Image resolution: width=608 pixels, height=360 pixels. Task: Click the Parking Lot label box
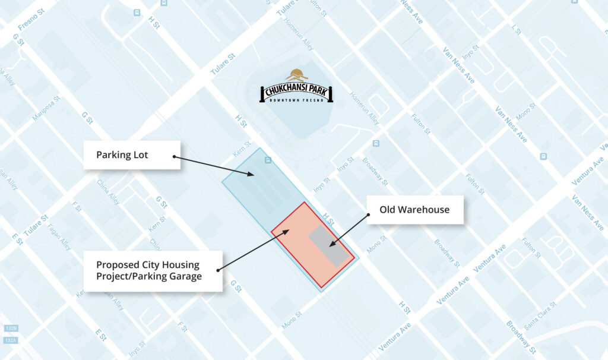point(132,155)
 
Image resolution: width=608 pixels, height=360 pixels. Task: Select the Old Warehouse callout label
point(414,210)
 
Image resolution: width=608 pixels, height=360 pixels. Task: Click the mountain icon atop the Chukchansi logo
point(296,75)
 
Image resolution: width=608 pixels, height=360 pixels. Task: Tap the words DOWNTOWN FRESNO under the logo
point(296,100)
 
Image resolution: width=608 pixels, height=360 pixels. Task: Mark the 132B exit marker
point(11,328)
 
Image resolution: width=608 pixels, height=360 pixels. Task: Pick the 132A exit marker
point(11,340)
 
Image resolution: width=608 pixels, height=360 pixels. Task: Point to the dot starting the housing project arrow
point(218,270)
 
